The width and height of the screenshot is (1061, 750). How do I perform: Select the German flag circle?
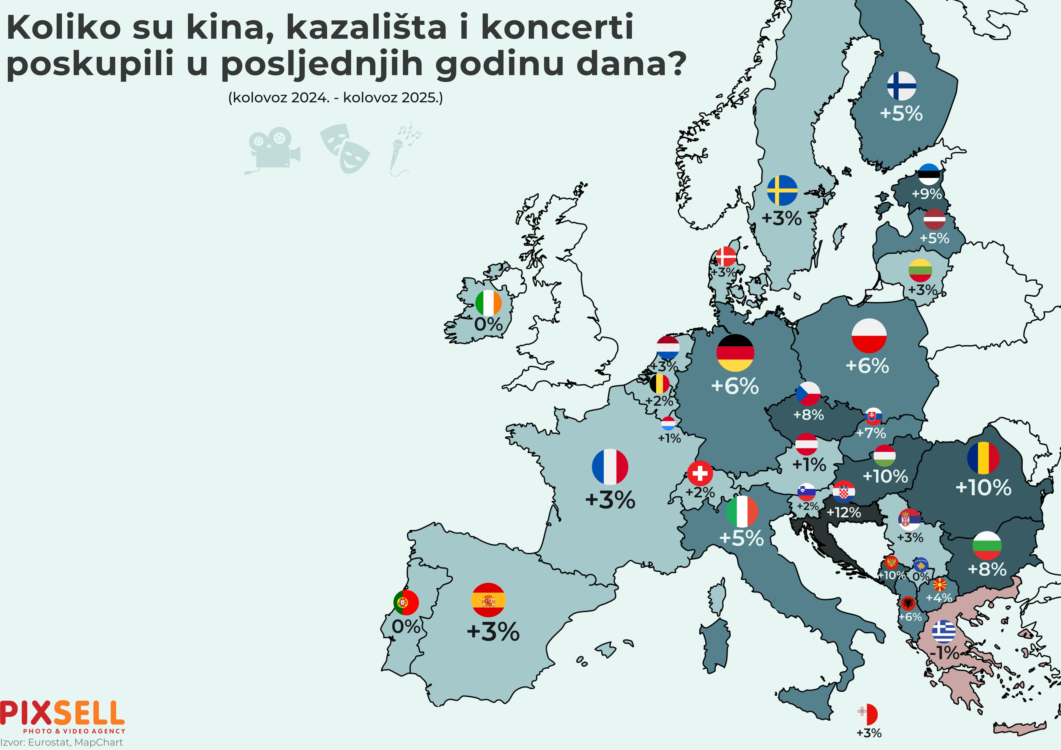(735, 353)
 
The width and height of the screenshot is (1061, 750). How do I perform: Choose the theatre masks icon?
(345, 148)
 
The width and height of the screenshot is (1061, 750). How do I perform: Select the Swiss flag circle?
(700, 473)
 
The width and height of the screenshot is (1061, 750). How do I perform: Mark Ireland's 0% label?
(488, 324)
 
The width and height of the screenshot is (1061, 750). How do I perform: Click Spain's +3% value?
(493, 632)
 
